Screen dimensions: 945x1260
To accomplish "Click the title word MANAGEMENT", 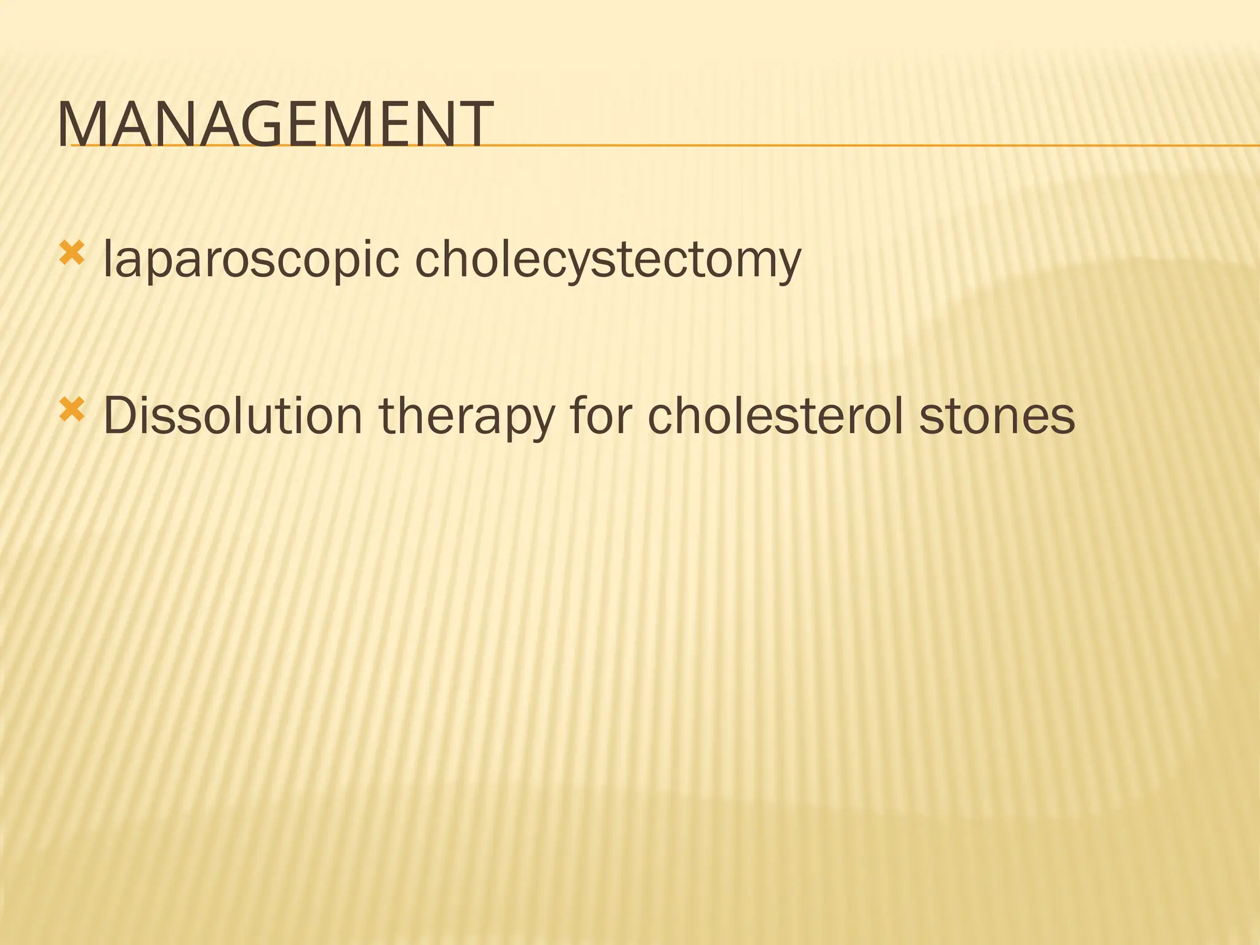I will click(x=275, y=126).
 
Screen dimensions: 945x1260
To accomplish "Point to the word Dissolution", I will click(x=233, y=417).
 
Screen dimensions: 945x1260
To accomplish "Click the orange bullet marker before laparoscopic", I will click(x=71, y=253).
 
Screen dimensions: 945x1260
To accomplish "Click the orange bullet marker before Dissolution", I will click(x=71, y=410).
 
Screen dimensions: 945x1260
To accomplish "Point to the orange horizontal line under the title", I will click(x=861, y=146).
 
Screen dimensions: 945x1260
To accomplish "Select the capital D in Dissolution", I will click(x=121, y=417).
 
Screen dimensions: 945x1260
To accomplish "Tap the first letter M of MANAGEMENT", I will click(x=80, y=126).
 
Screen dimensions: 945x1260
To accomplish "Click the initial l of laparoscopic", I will click(x=108, y=258).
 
